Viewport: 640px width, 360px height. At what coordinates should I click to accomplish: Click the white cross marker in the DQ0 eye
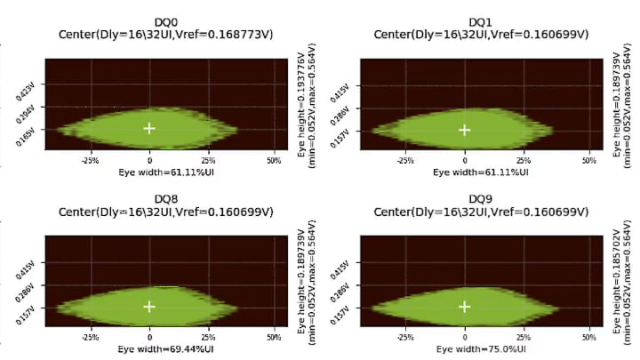(x=149, y=128)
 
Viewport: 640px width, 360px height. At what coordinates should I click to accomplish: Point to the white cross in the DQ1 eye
(x=464, y=130)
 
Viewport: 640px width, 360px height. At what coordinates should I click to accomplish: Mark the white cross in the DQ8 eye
(x=149, y=307)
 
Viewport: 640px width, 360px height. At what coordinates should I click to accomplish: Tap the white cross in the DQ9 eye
(x=464, y=307)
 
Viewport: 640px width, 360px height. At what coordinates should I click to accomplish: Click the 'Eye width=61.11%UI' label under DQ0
(x=167, y=172)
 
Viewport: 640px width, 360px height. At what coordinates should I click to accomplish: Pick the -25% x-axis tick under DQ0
(x=89, y=161)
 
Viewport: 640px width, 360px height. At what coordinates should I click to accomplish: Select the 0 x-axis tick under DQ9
(x=464, y=339)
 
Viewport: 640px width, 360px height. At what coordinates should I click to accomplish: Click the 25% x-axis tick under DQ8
(x=209, y=339)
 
